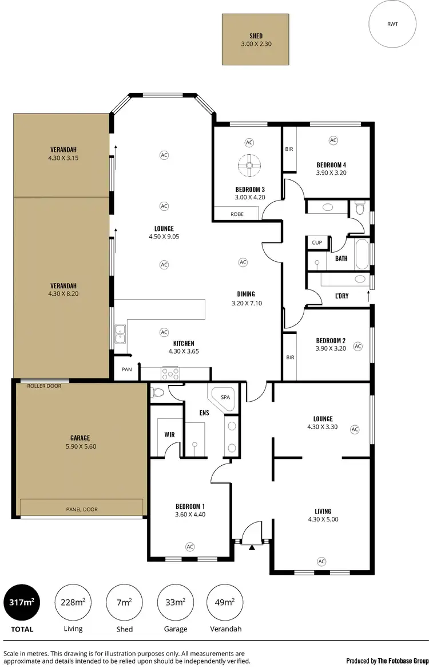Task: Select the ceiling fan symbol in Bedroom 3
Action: tap(249, 166)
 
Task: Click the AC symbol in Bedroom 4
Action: tap(332, 140)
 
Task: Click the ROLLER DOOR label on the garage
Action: tap(44, 386)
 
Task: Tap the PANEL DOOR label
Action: tap(81, 509)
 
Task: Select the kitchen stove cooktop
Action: tap(170, 374)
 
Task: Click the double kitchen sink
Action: tap(121, 333)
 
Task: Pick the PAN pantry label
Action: tap(126, 369)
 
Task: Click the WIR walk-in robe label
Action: tap(169, 435)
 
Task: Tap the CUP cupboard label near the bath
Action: tap(316, 242)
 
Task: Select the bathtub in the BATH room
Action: tap(362, 255)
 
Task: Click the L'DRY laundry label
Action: tap(342, 296)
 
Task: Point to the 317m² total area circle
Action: tap(22, 602)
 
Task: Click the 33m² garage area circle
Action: tap(175, 602)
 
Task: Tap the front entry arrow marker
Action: tap(252, 548)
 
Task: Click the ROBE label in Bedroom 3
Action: tap(237, 214)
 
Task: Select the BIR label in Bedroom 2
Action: tap(290, 357)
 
